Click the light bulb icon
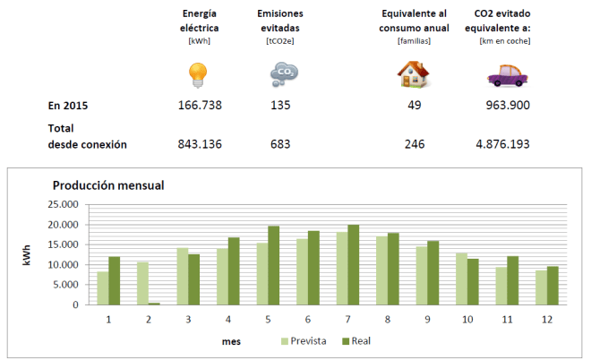199,74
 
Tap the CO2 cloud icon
283,74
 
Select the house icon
413,73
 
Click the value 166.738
200,106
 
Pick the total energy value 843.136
200,143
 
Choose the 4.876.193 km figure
503,143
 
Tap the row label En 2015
68,106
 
